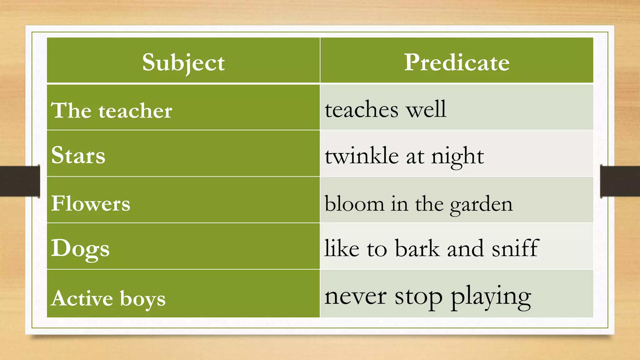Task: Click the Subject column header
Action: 183,62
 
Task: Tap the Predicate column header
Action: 457,62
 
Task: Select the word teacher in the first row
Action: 135,111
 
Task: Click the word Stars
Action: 78,155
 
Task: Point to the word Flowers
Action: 91,203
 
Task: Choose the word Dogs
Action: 80,249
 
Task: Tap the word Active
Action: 82,298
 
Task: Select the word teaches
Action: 362,110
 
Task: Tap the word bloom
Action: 354,203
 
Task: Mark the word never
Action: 355,296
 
